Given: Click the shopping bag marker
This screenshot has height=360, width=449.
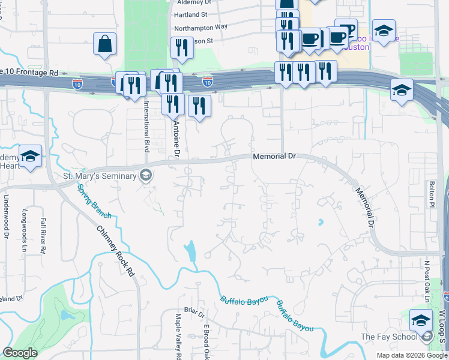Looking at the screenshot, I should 104,44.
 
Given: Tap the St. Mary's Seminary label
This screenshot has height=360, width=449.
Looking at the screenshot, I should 98,176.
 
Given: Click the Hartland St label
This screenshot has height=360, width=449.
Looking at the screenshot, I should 190,14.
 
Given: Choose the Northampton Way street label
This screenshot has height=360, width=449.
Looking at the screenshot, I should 200,28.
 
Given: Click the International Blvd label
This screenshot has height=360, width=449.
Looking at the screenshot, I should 146,125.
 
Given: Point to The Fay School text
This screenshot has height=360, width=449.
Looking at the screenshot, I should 390,337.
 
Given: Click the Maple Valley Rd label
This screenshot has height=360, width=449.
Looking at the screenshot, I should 178,335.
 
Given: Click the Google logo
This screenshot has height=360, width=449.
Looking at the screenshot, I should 20,353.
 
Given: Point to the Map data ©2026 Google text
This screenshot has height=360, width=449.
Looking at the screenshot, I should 411,355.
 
